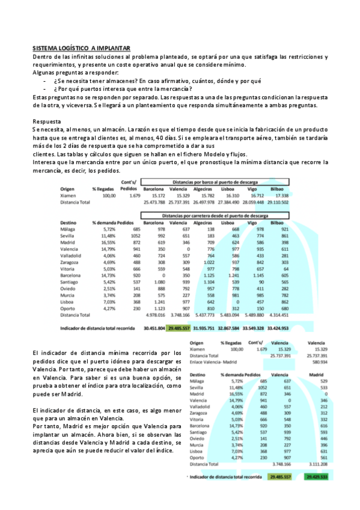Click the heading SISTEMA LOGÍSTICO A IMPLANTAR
81,48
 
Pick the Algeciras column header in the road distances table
206,222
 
